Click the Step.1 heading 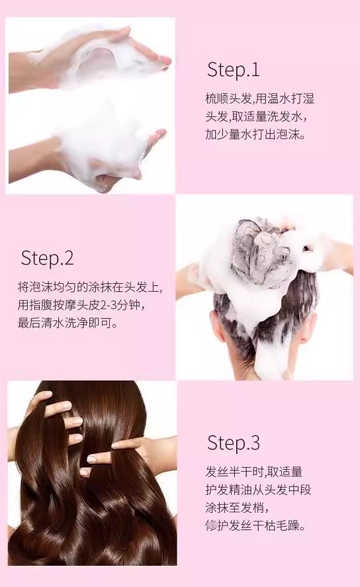[x=233, y=70]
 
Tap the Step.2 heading [x=47, y=257]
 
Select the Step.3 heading [x=233, y=443]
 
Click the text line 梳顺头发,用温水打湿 [x=259, y=99]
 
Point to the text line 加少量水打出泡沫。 [x=255, y=134]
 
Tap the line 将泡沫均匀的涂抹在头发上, [x=90, y=287]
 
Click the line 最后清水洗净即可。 [x=67, y=323]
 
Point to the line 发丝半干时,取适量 [x=253, y=472]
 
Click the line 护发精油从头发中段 [x=258, y=490]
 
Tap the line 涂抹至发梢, [x=237, y=508]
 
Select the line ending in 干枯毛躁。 [x=255, y=525]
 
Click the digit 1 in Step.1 [x=255, y=70]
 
